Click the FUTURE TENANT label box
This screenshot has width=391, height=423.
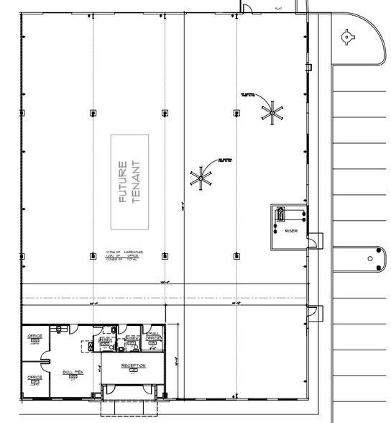point(130,182)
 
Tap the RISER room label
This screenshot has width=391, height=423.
point(291,231)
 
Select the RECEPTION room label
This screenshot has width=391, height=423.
point(133,366)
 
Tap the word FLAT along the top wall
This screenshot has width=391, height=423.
point(278,8)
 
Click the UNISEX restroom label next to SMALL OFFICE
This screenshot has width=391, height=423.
point(132,338)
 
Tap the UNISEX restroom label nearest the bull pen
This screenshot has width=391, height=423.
point(106,339)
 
